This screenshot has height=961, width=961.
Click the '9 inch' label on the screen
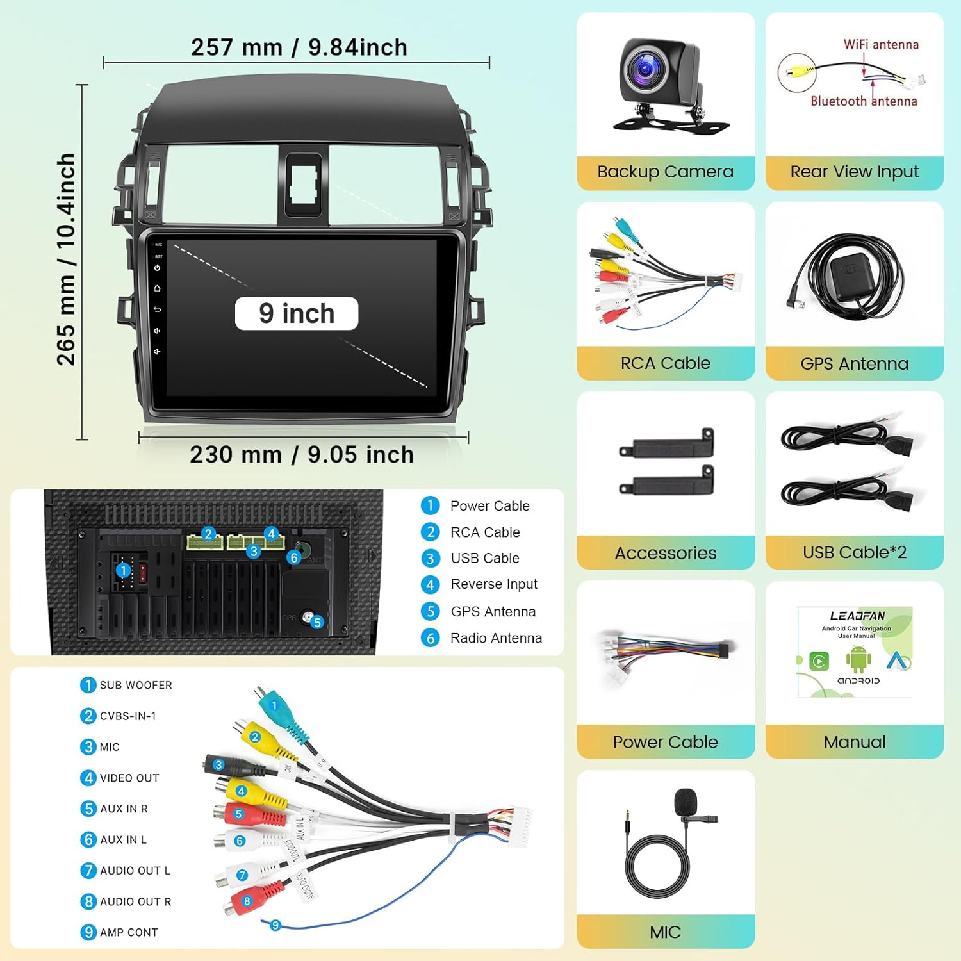click(297, 314)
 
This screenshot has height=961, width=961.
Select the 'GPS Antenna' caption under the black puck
click(854, 364)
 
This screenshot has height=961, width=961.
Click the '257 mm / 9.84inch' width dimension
click(299, 47)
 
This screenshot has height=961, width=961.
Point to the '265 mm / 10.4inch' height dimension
click(66, 259)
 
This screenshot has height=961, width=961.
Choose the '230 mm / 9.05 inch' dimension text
click(302, 455)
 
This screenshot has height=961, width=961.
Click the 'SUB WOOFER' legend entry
click(135, 686)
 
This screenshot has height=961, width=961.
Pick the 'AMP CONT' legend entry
click(128, 933)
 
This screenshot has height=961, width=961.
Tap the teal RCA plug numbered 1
click(275, 705)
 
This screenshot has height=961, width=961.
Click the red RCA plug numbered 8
click(247, 901)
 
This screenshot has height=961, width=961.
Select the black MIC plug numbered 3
click(219, 764)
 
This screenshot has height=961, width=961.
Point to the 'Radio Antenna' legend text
click(496, 638)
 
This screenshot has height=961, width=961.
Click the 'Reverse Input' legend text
click(494, 584)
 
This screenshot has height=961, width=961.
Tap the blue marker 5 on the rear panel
click(317, 622)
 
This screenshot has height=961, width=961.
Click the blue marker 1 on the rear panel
click(124, 570)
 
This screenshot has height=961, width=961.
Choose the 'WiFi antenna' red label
click(881, 45)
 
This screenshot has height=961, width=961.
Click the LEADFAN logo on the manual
click(857, 616)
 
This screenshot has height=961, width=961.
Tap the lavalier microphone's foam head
click(686, 801)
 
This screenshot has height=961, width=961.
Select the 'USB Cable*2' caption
click(855, 552)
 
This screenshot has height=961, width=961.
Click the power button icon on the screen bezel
click(157, 268)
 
